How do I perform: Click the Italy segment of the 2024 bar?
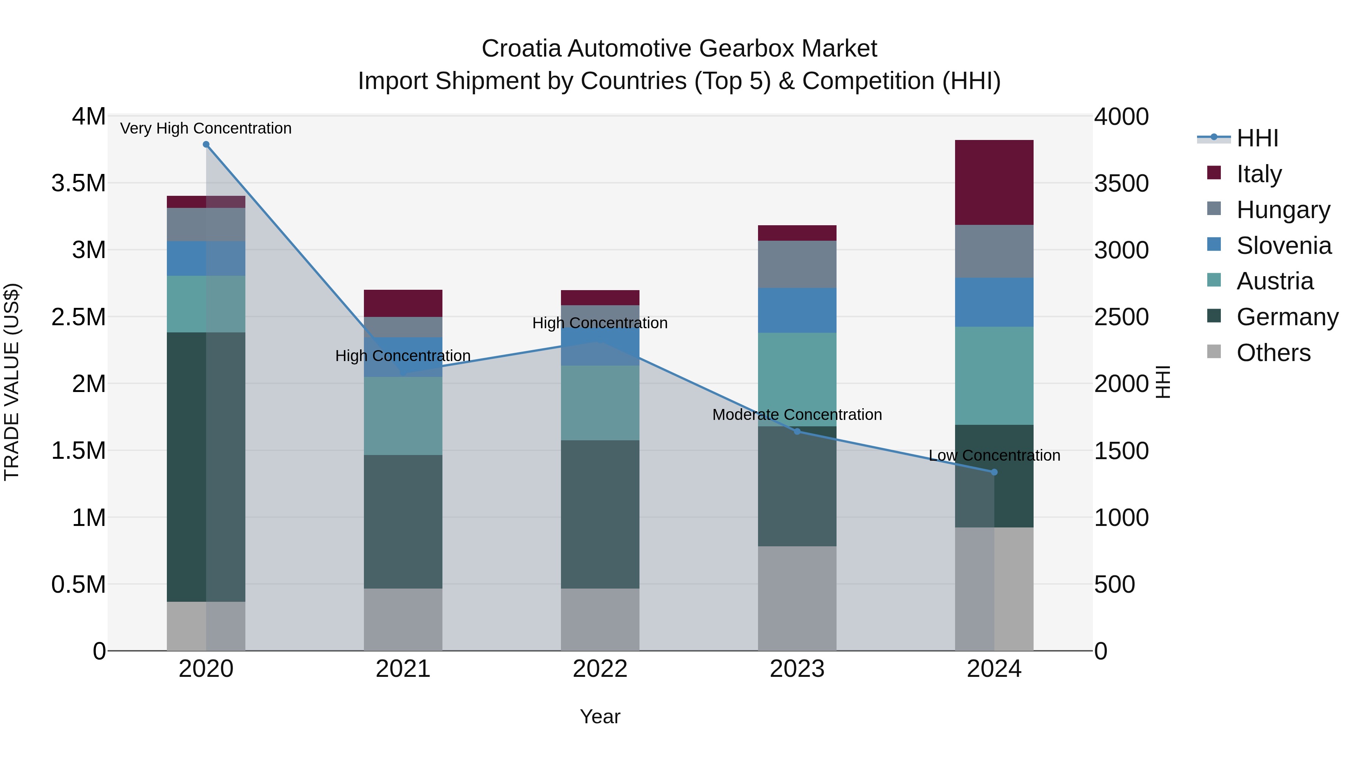tap(994, 183)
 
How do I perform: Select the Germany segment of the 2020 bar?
tap(206, 467)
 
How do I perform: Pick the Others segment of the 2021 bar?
tap(403, 620)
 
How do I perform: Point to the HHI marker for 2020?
tap(206, 144)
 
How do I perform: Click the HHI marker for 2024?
tap(994, 472)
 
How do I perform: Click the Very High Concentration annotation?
tap(206, 128)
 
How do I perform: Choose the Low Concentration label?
tap(994, 455)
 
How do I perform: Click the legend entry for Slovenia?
tap(1283, 246)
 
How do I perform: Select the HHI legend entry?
tap(1257, 138)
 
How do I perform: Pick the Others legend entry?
tap(1273, 353)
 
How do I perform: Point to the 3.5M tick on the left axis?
tap(78, 183)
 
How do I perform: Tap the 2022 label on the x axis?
tap(600, 669)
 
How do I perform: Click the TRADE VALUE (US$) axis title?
tap(12, 382)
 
